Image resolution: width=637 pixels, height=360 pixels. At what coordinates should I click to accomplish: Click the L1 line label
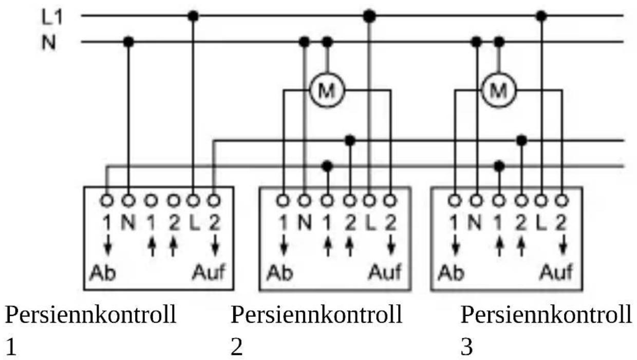52,17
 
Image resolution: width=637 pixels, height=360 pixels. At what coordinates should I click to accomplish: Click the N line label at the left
49,43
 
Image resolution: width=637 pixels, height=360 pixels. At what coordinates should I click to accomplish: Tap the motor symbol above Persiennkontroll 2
327,90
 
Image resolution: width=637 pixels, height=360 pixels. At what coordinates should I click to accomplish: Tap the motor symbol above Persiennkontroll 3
498,90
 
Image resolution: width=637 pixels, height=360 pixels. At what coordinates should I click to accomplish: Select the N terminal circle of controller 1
128,201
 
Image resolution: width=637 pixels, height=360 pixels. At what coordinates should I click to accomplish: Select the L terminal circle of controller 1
193,201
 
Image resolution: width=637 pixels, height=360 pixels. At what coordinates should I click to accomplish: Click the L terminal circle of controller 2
369,201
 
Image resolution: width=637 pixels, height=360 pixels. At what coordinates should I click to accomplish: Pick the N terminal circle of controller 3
476,201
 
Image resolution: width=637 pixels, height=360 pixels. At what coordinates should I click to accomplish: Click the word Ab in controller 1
103,273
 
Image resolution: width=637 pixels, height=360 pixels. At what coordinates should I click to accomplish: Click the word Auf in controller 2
385,272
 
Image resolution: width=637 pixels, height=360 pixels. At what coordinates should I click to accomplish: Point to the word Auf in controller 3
556,272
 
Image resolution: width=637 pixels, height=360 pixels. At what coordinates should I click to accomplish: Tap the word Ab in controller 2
279,273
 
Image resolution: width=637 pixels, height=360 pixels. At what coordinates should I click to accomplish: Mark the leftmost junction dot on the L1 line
193,16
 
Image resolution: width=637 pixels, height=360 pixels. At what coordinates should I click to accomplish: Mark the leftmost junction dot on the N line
128,42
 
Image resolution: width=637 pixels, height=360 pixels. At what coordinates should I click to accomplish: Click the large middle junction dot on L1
369,16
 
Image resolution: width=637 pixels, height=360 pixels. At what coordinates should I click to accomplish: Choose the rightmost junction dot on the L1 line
541,16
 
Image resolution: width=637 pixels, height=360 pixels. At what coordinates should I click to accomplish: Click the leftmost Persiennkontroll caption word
90,315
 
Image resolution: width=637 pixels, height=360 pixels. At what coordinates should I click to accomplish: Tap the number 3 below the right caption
466,347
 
